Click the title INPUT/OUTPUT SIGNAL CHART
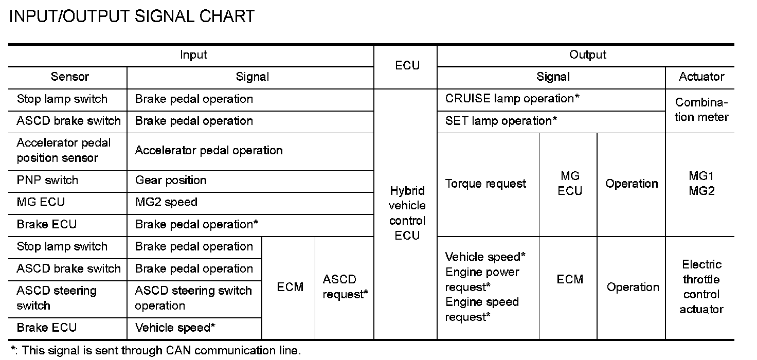[x=132, y=16]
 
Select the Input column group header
[x=193, y=55]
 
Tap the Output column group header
[x=587, y=55]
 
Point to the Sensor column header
[x=69, y=77]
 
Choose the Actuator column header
[x=701, y=77]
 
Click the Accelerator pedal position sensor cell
[x=63, y=151]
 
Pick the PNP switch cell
[x=47, y=181]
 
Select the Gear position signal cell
[x=171, y=181]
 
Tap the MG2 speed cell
[x=166, y=203]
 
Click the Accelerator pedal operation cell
[x=209, y=151]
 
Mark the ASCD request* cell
[x=345, y=287]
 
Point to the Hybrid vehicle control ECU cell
[x=407, y=213]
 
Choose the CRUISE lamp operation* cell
[x=512, y=99]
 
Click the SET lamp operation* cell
[x=501, y=121]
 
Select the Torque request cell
[x=485, y=184]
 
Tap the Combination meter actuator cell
[x=701, y=110]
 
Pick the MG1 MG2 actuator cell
[x=701, y=184]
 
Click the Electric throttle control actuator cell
[x=701, y=287]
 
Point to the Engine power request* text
[x=482, y=279]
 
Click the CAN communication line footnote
[x=155, y=351]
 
